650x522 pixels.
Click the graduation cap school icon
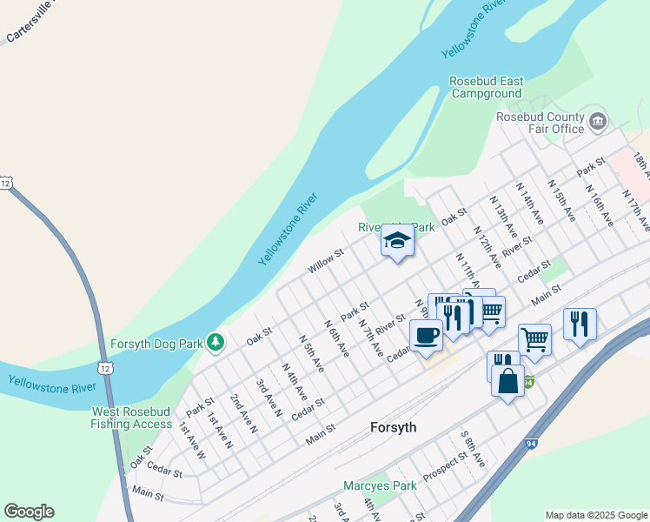(397, 240)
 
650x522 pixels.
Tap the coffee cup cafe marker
(426, 335)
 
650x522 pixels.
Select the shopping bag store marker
(507, 380)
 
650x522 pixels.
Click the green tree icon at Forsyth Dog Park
(215, 342)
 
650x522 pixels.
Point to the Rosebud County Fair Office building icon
(598, 121)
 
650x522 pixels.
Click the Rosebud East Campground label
(487, 88)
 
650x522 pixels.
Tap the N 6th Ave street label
(336, 338)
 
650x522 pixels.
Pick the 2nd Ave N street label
(243, 412)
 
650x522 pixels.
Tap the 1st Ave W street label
(192, 440)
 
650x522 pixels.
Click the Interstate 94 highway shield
(527, 380)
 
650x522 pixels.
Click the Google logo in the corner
(29, 512)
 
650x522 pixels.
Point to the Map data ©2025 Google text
(596, 515)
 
